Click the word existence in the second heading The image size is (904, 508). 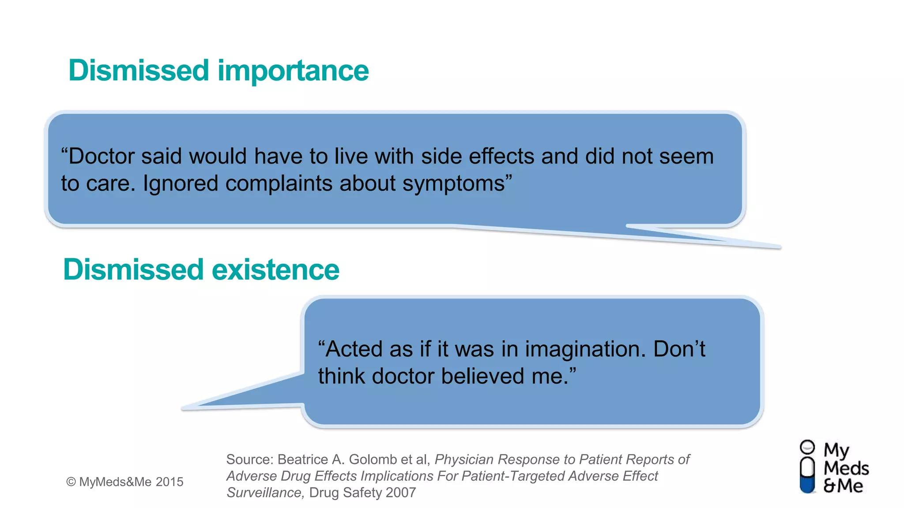(275, 269)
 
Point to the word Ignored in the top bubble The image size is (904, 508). (180, 184)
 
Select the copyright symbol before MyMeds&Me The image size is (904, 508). (71, 482)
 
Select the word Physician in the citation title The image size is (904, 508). (464, 460)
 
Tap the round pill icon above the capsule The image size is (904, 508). (807, 447)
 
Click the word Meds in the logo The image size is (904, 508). (846, 468)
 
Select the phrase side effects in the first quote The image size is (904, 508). (478, 157)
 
